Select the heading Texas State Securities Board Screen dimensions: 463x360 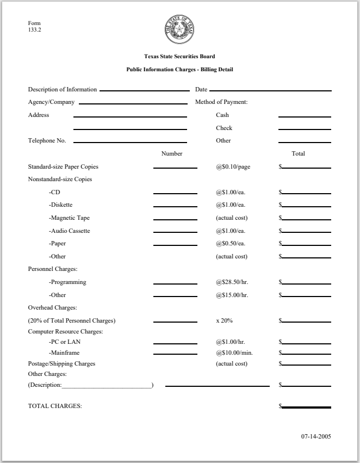coord(179,57)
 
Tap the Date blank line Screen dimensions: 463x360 coord(270,90)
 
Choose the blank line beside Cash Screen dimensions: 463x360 coord(305,117)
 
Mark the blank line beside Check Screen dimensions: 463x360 coord(305,130)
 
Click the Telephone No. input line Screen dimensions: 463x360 coord(130,143)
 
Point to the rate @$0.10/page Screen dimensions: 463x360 coord(233,167)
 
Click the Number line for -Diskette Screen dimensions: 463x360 coord(175,207)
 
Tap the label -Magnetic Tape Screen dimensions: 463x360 coord(69,218)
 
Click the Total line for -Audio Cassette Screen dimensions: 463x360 coord(306,233)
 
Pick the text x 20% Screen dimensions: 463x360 coord(224,320)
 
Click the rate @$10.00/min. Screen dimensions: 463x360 coord(234,353)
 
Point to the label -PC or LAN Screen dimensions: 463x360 coord(66,342)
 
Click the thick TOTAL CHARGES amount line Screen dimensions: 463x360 coord(306,407)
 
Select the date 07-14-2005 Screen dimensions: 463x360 coord(316,436)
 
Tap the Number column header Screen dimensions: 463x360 coord(172,154)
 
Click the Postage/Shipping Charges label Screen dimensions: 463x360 coord(61,363)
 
